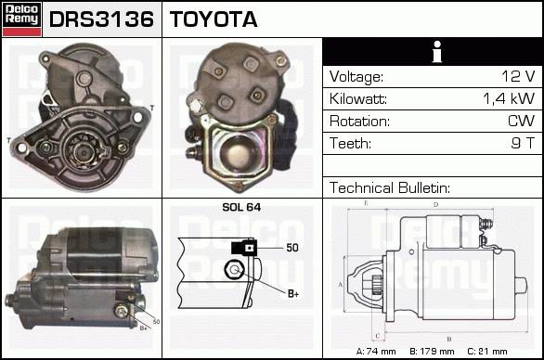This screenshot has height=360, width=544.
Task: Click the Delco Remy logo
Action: point(22,19)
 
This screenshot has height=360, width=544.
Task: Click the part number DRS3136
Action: point(101,19)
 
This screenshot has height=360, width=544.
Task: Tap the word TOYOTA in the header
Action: point(214,19)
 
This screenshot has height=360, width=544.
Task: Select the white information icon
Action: point(437,52)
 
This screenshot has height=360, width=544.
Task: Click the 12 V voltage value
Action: point(518,76)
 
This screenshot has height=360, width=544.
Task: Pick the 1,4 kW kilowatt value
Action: point(509,98)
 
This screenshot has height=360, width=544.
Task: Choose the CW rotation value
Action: point(521,121)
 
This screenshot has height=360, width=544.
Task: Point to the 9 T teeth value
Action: point(523,143)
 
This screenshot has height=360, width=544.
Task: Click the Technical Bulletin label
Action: point(390,187)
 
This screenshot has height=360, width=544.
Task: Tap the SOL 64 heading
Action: point(241,207)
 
